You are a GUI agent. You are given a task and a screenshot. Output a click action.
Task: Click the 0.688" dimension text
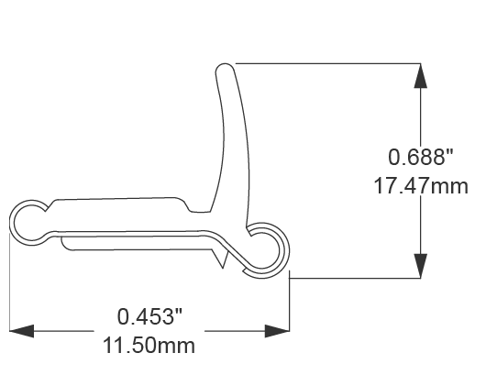coord(421,156)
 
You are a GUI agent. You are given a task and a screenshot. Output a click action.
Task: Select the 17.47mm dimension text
coord(421,187)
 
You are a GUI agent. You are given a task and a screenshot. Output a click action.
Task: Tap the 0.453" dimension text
coord(150,317)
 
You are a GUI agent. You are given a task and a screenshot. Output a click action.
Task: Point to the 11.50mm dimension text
coord(150,347)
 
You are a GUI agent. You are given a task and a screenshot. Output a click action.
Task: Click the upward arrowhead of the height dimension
coord(420,76)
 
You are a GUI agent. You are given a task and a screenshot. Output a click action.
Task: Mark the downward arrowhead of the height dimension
coord(420,265)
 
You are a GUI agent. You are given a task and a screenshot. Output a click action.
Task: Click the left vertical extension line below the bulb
coord(10,284)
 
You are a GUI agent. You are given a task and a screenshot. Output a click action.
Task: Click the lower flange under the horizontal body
coord(138,244)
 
